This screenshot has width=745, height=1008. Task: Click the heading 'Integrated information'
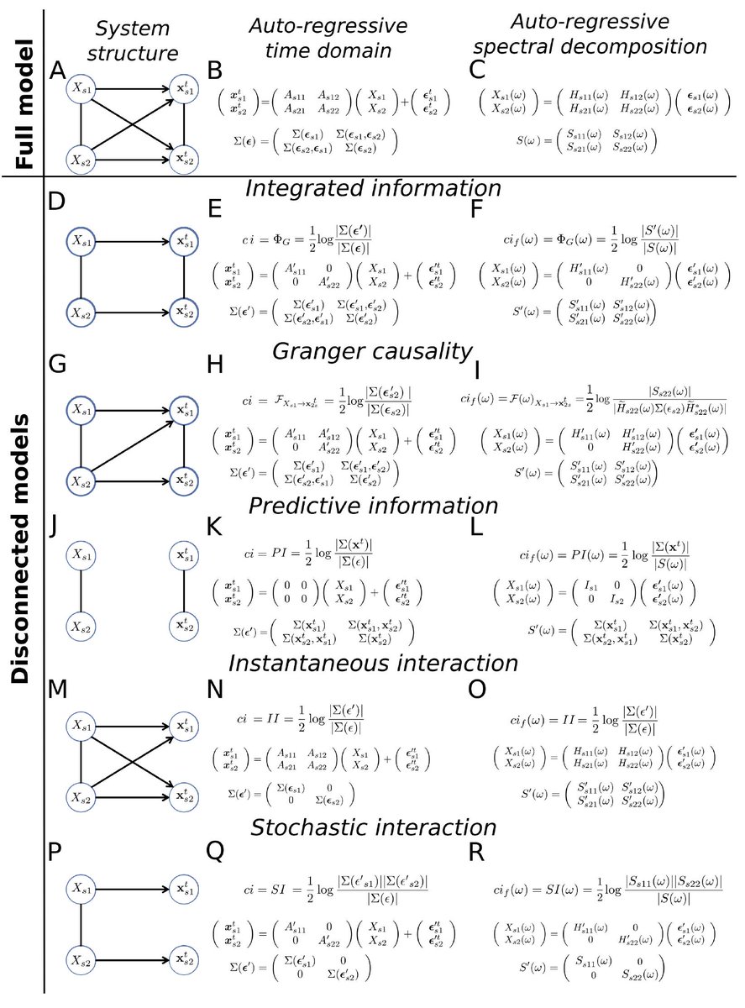click(373, 187)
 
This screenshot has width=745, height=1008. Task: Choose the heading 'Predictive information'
click(373, 507)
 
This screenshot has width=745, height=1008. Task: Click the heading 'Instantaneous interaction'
click(373, 664)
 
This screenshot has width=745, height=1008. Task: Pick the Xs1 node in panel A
click(81, 87)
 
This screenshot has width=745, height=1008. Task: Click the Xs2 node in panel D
click(81, 312)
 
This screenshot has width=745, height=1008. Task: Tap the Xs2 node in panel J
click(81, 627)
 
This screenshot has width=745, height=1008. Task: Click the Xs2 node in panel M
click(81, 795)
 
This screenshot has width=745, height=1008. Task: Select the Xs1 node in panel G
click(81, 410)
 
